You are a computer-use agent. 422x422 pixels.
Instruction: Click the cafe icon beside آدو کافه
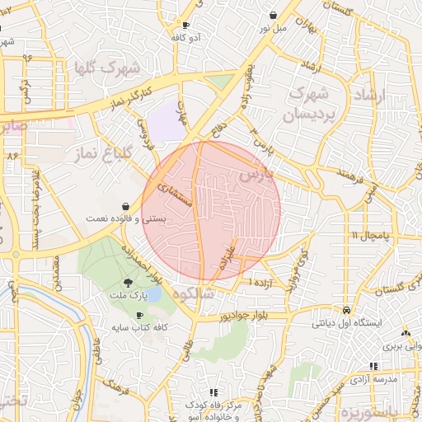click(185, 25)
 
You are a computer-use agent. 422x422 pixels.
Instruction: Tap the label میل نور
click(274, 28)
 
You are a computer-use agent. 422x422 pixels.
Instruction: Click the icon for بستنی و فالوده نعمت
click(124, 205)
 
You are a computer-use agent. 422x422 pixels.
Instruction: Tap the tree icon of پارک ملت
click(125, 283)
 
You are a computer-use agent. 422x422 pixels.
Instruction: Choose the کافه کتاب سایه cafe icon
click(138, 316)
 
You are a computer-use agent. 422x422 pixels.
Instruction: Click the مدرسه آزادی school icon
click(373, 366)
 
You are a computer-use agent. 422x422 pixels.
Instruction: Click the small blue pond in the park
click(153, 294)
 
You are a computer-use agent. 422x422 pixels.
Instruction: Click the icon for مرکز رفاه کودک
click(213, 393)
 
